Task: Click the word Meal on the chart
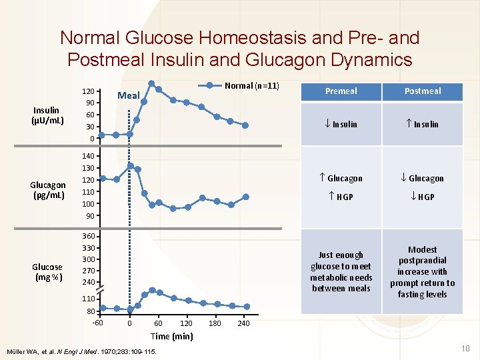click(x=129, y=96)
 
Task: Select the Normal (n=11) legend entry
click(x=251, y=85)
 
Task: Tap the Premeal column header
click(x=341, y=91)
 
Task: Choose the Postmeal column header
click(x=423, y=91)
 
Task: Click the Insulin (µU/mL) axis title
click(x=46, y=115)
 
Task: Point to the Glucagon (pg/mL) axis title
click(x=47, y=190)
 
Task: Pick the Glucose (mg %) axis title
click(x=47, y=272)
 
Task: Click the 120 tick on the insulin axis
click(x=87, y=91)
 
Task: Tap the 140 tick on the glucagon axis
click(x=87, y=155)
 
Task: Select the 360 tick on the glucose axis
click(x=87, y=237)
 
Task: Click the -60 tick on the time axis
click(x=97, y=323)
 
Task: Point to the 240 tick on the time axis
click(x=243, y=323)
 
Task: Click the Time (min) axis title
click(x=172, y=336)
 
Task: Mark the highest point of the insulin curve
click(x=152, y=84)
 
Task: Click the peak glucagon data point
click(x=131, y=166)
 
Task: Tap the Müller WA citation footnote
click(x=82, y=351)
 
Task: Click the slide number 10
click(x=465, y=348)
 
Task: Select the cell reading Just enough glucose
click(x=341, y=271)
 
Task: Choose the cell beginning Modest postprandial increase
click(x=423, y=271)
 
